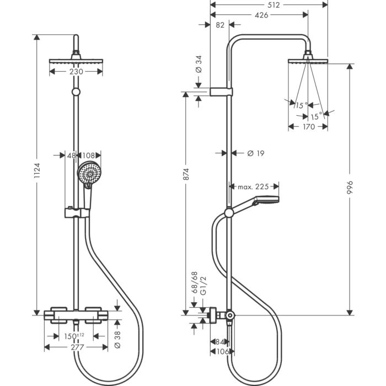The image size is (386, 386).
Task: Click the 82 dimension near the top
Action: coord(219,25)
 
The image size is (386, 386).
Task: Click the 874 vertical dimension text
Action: coord(187,175)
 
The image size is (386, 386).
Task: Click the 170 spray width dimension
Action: coord(308,127)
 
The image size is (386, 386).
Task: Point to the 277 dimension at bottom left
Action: coord(76,347)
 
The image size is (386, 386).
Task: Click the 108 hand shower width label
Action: coord(89,156)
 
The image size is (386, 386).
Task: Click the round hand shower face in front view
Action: coord(88,174)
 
